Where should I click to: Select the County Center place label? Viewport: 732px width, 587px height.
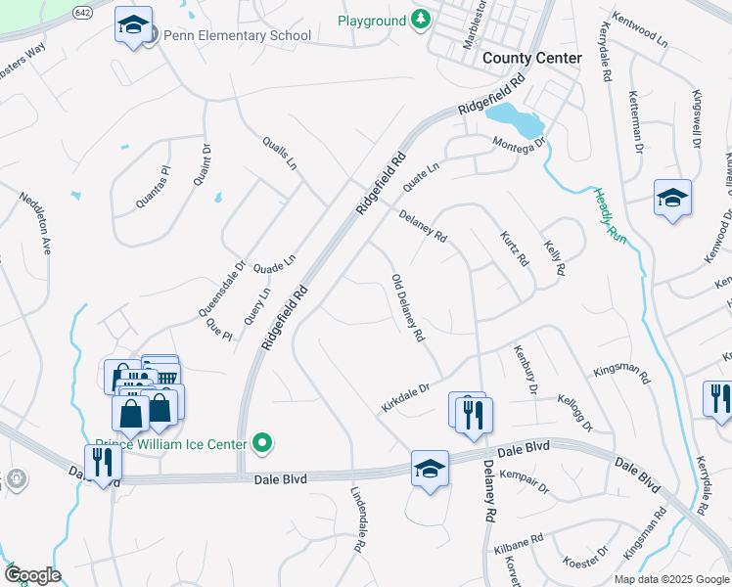(531, 58)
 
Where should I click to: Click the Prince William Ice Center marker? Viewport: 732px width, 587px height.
(261, 444)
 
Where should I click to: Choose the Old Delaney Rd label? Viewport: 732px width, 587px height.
(407, 307)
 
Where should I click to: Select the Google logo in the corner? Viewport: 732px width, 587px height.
(32, 575)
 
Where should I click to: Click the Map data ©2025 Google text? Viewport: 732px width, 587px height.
(671, 579)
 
